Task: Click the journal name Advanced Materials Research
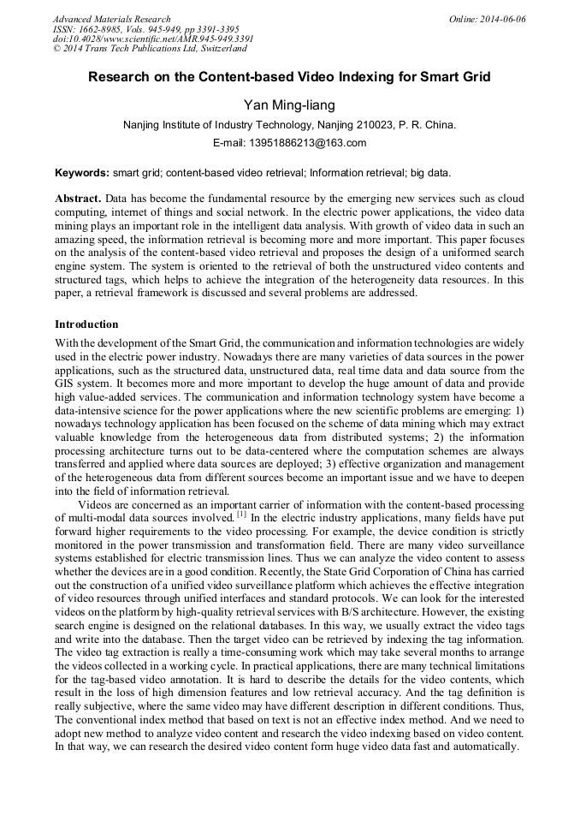click(x=111, y=19)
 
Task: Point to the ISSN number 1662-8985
click(x=109, y=29)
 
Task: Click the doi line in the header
click(x=152, y=39)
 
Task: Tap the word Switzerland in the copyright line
click(x=217, y=50)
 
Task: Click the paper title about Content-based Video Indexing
click(x=289, y=77)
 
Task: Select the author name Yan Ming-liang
click(x=289, y=105)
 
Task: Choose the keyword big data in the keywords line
click(x=431, y=172)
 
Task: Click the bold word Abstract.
click(x=79, y=197)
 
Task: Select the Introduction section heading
click(x=86, y=325)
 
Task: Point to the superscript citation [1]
click(x=242, y=515)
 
